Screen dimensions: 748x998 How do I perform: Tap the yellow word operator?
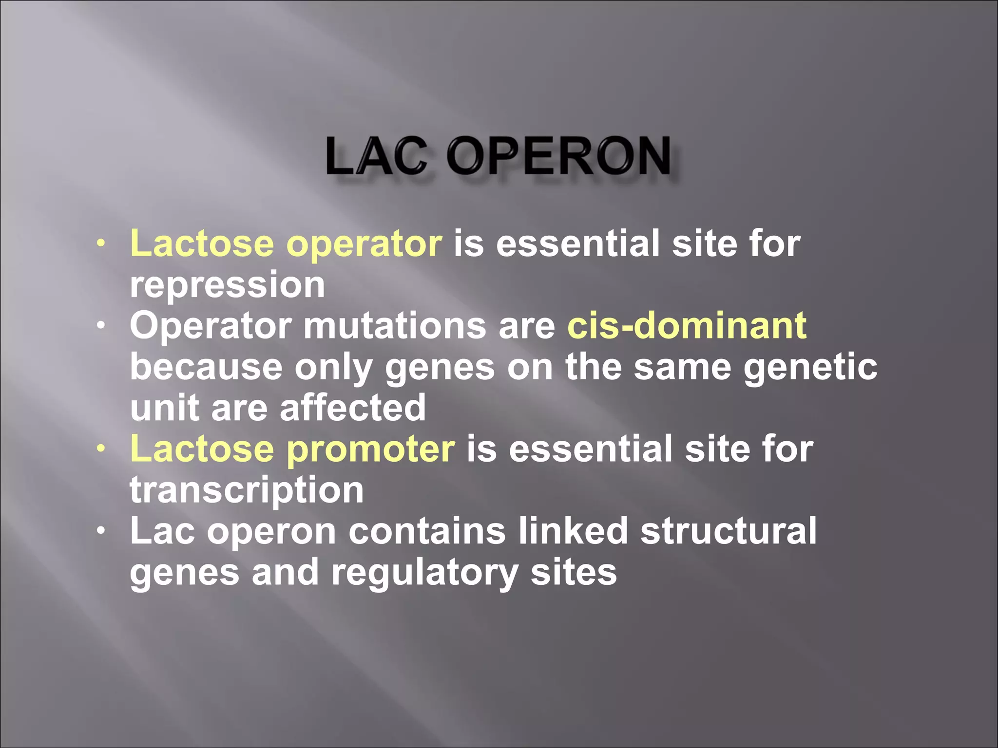[364, 243]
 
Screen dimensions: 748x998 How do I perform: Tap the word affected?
[353, 408]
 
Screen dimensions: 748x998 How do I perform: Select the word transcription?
[247, 490]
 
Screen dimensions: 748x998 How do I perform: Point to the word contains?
[427, 531]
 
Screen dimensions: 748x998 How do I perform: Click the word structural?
[729, 531]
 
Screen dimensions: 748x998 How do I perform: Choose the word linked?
[573, 531]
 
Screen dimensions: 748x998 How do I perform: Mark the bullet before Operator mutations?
[100, 325]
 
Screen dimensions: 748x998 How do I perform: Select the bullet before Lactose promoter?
[100, 449]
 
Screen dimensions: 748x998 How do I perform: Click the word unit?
[164, 408]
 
